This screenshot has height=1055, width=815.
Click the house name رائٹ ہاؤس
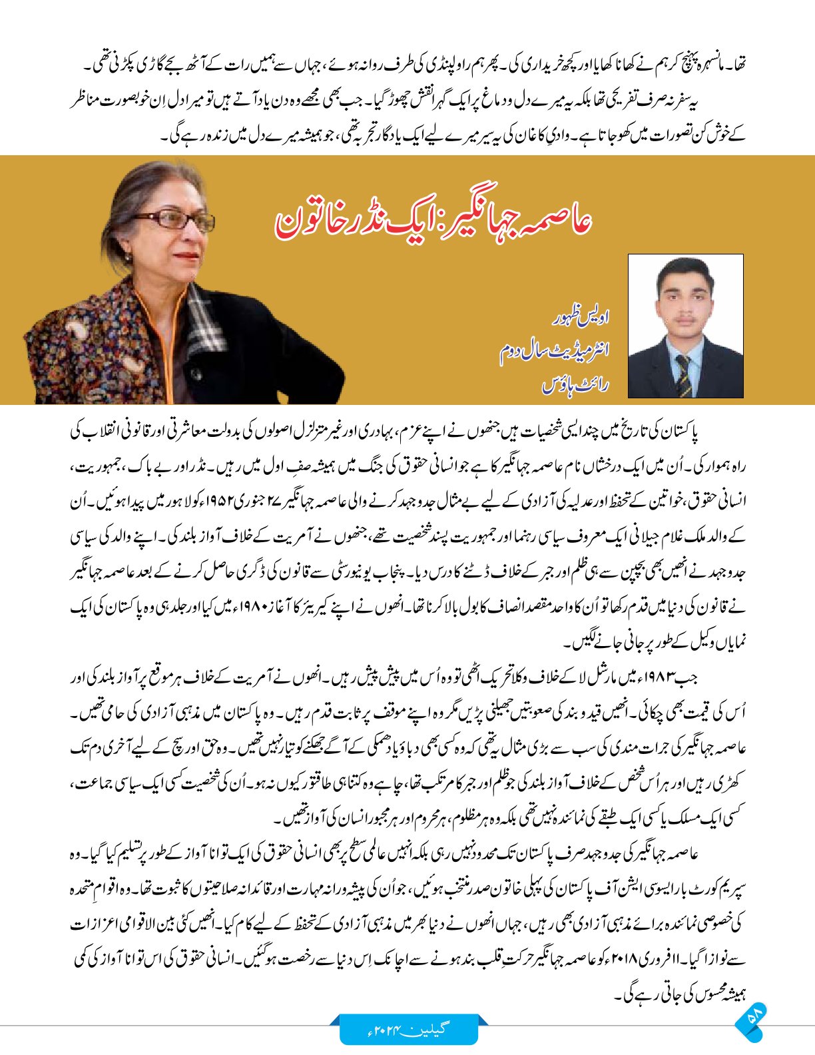[575, 384]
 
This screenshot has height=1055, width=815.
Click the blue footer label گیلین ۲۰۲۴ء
[409, 1028]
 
